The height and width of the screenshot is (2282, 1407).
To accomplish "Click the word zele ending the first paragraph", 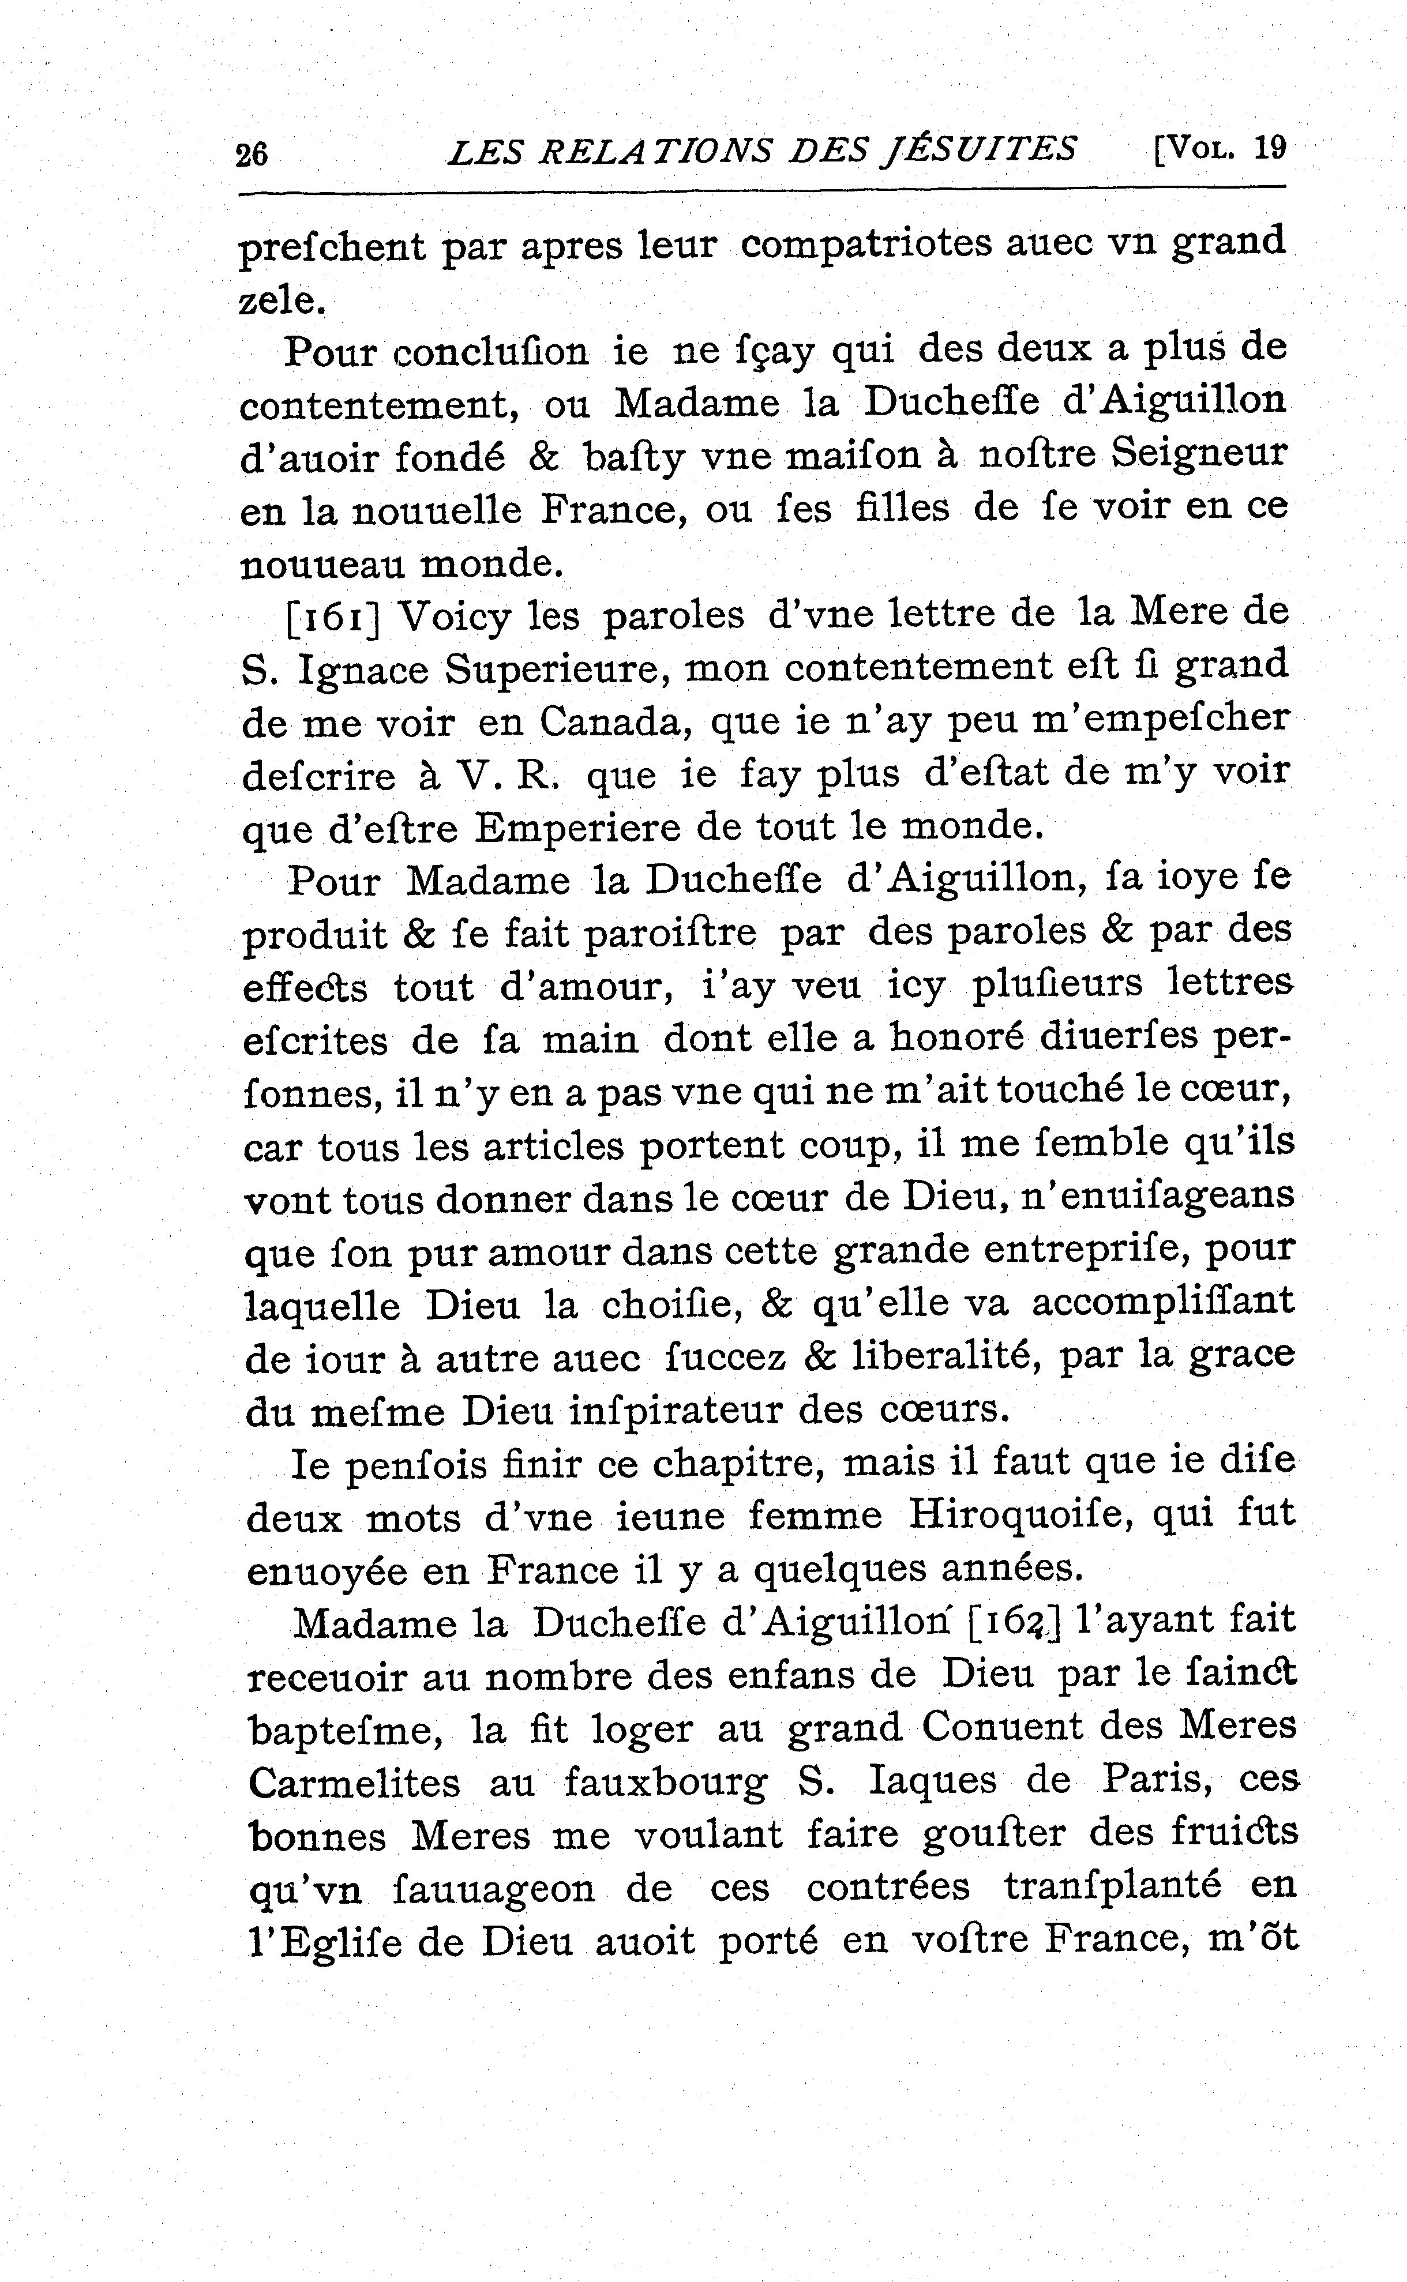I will (276, 300).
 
